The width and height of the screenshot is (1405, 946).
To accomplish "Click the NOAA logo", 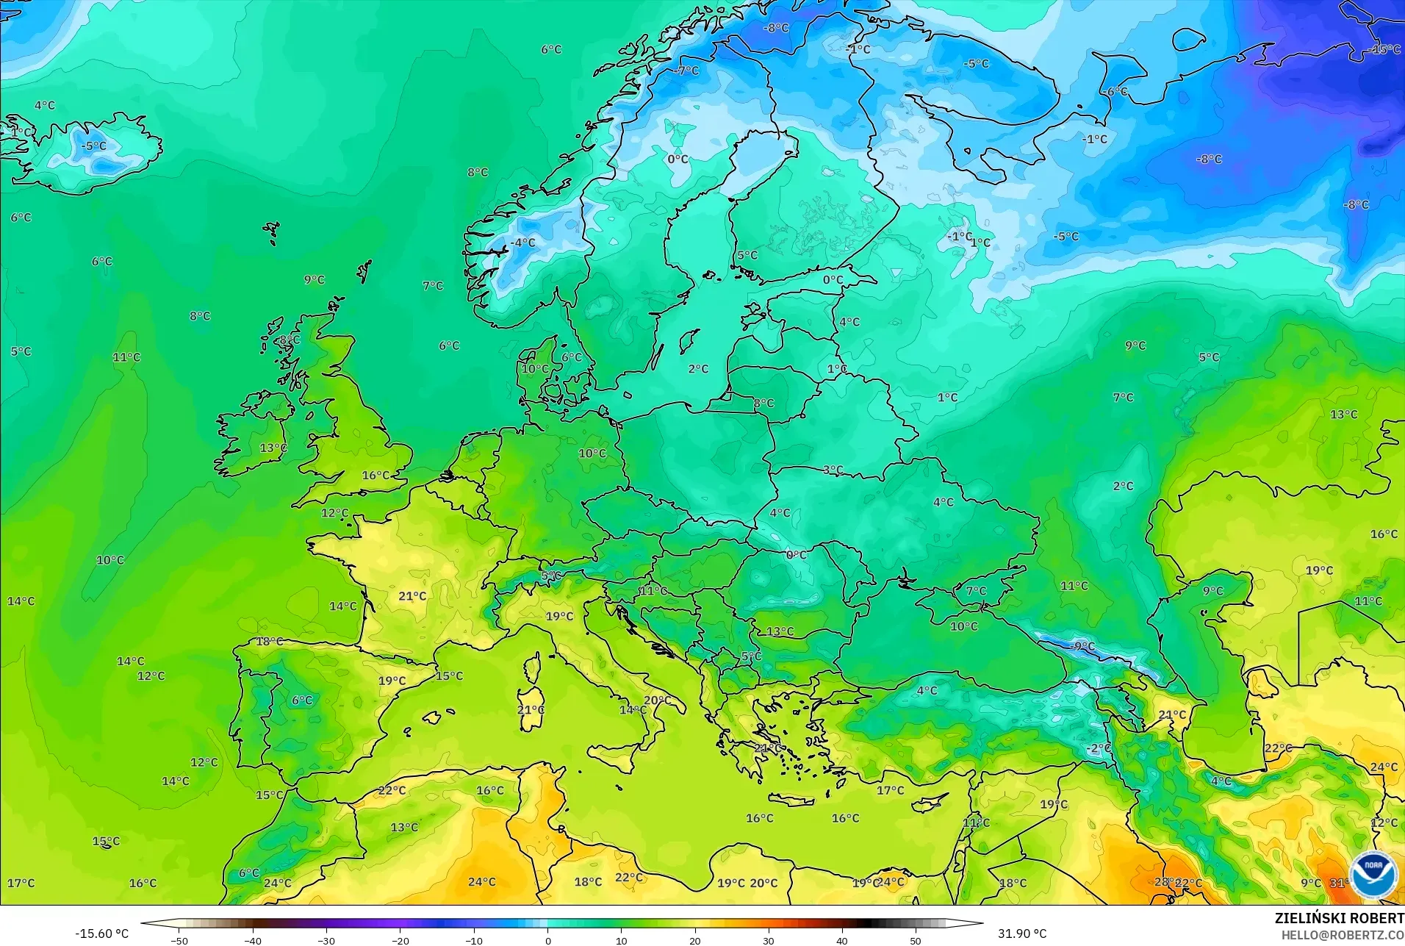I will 1373,874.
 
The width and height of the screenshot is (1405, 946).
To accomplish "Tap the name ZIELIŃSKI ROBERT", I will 1339,919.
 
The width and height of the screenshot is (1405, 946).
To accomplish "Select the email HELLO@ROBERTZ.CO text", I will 1343,935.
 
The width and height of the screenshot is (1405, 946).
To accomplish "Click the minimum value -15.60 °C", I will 101,934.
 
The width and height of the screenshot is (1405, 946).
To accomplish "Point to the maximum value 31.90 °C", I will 1021,934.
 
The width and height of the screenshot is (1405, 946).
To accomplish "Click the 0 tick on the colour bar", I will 547,940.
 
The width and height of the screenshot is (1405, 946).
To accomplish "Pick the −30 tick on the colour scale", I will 326,940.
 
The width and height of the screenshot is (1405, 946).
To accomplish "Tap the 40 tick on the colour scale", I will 841,940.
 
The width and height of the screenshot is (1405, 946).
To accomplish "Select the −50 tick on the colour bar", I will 179,940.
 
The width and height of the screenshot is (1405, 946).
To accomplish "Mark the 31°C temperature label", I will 1340,883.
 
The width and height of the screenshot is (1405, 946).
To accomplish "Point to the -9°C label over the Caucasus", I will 1083,647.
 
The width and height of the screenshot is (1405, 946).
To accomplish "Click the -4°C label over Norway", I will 523,243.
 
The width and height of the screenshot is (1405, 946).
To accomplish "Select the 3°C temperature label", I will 833,470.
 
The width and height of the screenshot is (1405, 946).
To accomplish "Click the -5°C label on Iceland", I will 93,146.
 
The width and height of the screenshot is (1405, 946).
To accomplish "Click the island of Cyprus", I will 928,803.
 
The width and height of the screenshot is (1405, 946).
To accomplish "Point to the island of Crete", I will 791,800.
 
